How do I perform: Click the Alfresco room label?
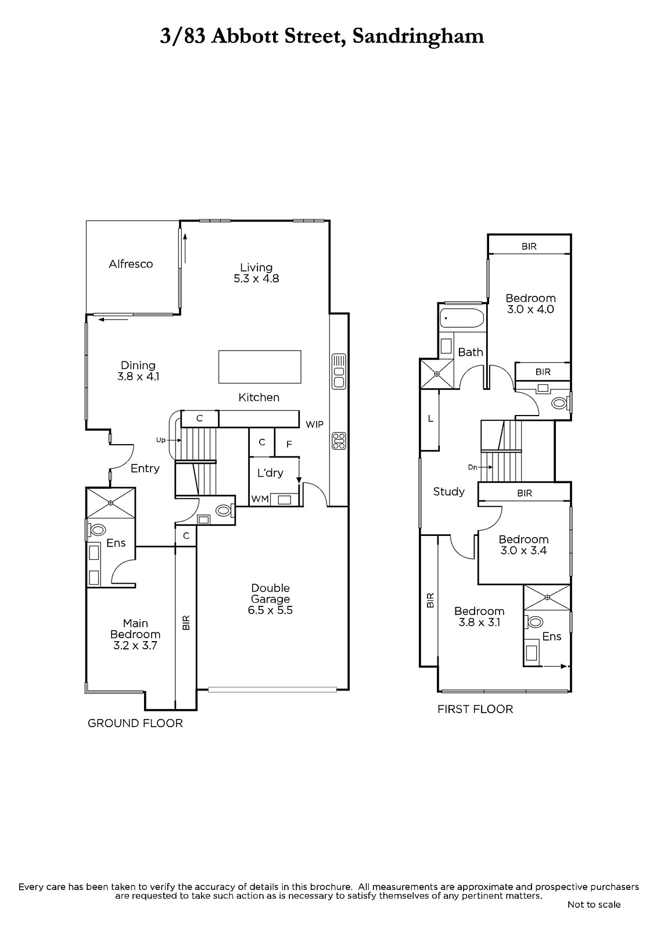(x=131, y=264)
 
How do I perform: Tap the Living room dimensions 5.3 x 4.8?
(x=256, y=278)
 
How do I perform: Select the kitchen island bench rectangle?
(x=260, y=367)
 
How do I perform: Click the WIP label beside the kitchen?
(x=315, y=424)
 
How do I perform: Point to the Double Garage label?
(x=270, y=593)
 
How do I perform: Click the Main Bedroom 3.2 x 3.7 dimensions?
(x=135, y=646)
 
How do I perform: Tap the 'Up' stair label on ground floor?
(x=160, y=440)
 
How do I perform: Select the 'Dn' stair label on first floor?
(x=473, y=467)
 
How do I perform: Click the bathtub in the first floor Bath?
(x=462, y=319)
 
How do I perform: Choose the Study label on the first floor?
(x=448, y=492)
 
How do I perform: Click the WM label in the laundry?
(x=260, y=499)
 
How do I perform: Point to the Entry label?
(x=145, y=468)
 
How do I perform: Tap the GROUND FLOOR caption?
(x=135, y=723)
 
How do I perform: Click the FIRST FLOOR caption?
(x=475, y=709)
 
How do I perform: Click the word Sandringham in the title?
(x=418, y=37)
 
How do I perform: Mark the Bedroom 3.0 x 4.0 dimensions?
(x=530, y=309)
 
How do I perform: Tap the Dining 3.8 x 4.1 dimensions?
(x=138, y=377)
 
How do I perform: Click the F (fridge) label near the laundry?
(x=289, y=444)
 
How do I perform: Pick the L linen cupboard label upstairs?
(x=430, y=419)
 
